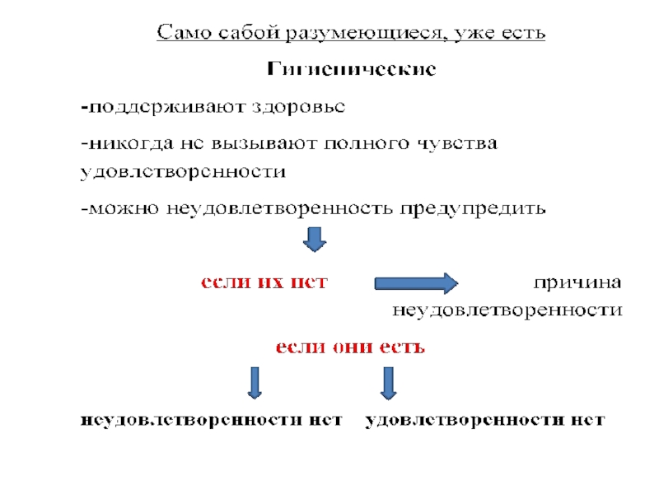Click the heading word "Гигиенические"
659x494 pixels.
click(x=351, y=69)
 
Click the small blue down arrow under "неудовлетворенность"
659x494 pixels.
click(x=315, y=240)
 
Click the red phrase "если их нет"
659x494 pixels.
click(x=264, y=282)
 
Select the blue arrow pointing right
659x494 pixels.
click(x=415, y=283)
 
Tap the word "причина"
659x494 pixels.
click(x=577, y=282)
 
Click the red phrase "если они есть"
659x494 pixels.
click(x=349, y=347)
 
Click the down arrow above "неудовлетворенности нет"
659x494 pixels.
click(x=255, y=383)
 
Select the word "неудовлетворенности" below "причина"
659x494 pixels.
click(x=507, y=311)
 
